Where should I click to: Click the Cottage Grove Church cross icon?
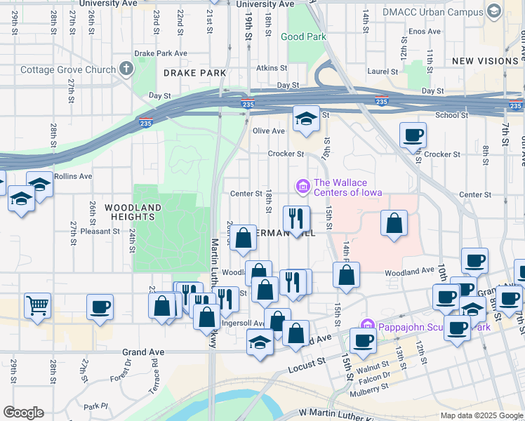[126, 69]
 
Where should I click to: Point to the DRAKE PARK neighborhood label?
[194, 73]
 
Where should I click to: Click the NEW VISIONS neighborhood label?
[484, 62]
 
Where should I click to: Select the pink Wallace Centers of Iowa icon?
[303, 186]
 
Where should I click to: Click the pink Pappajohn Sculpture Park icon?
[366, 325]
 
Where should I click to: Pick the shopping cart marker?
[37, 305]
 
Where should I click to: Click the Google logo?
[23, 413]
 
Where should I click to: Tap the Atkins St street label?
[267, 68]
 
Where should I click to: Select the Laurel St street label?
[383, 72]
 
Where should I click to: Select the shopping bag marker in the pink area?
[394, 224]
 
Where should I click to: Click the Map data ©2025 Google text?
[481, 415]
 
